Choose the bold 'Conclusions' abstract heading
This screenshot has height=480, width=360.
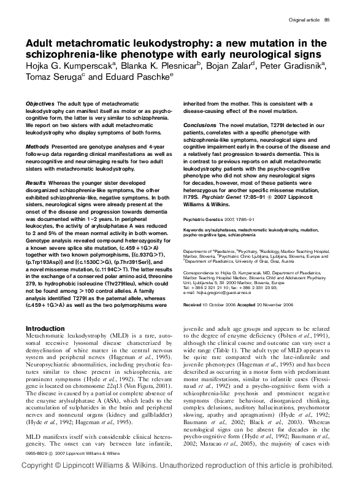pyautogui.click(x=200, y=124)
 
